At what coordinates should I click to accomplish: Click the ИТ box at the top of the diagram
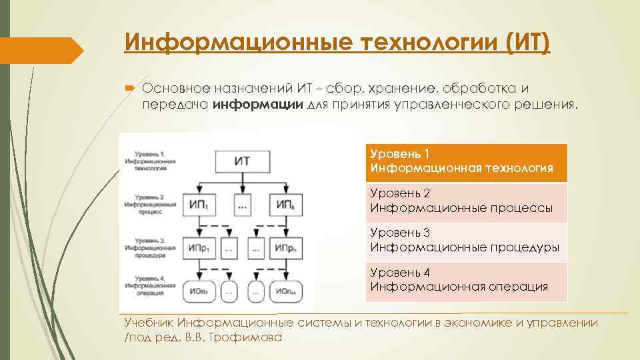pyautogui.click(x=243, y=162)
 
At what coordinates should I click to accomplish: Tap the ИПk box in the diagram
pyautogui.click(x=284, y=206)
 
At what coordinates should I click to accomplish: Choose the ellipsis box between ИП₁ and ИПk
pyautogui.click(x=242, y=206)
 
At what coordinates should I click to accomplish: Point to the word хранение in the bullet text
pyautogui.click(x=390, y=89)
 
